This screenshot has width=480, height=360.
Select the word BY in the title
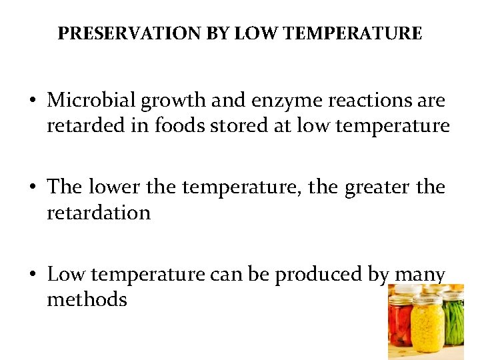(x=218, y=33)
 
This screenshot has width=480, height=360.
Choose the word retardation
(x=99, y=213)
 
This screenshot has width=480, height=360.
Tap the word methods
(x=87, y=299)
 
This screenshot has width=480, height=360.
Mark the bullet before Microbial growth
(x=33, y=101)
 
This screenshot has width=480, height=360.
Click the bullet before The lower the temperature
(x=33, y=188)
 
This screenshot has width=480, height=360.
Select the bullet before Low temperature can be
(x=33, y=275)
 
